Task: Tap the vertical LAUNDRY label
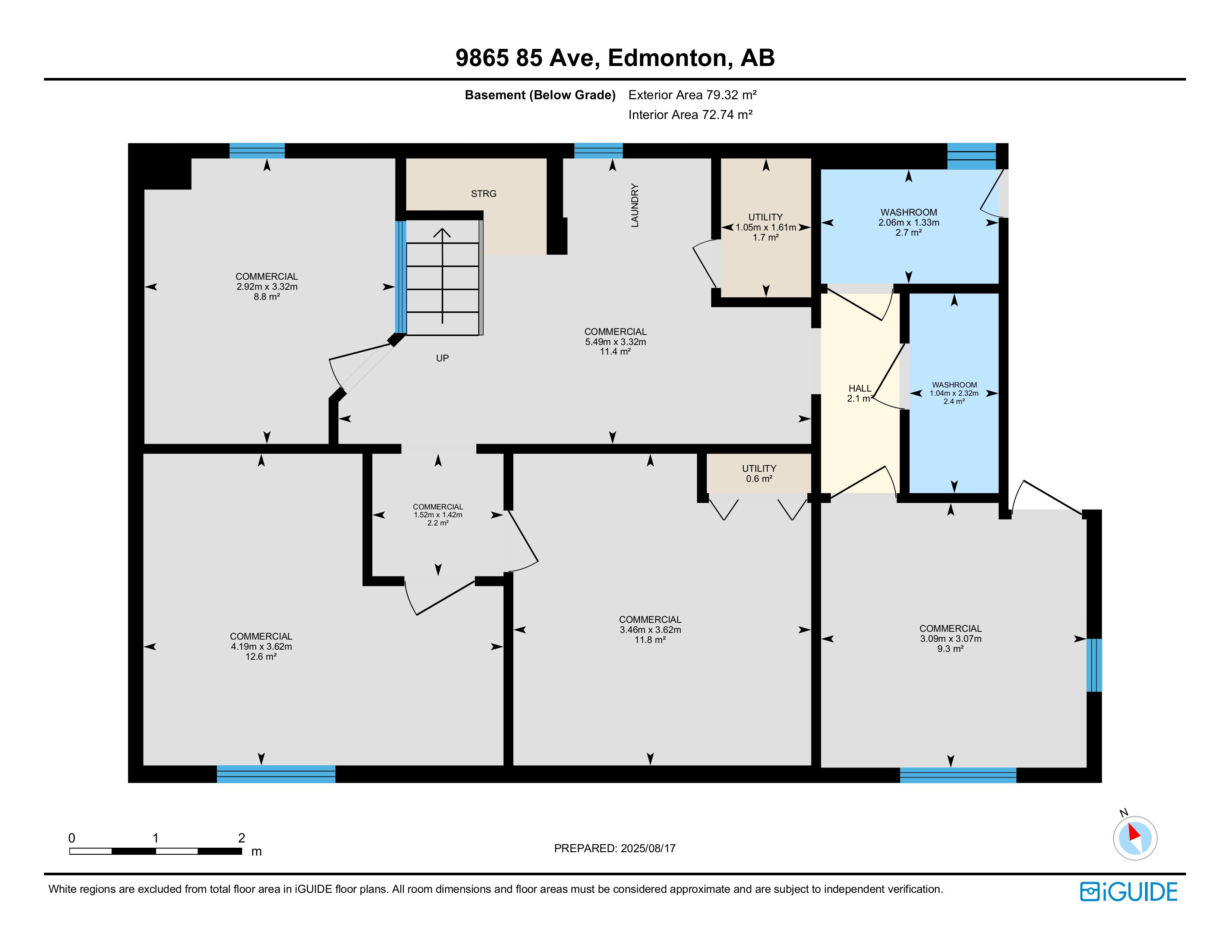tap(635, 205)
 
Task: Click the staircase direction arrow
tap(442, 276)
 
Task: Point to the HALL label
tap(860, 388)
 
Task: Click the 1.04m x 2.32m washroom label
tap(954, 393)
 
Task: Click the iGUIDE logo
tap(1129, 892)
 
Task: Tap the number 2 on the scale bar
tap(242, 838)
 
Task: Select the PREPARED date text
tap(614, 848)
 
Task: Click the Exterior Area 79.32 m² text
tap(692, 95)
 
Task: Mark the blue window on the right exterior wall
tap(1094, 665)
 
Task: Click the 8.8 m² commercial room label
tap(267, 297)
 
